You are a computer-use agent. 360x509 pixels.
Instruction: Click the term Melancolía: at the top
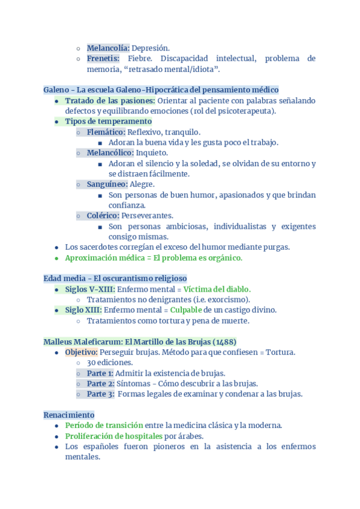[x=108, y=48]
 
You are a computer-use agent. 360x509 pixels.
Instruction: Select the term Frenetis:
[x=103, y=59]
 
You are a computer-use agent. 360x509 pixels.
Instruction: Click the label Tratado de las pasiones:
[x=110, y=101]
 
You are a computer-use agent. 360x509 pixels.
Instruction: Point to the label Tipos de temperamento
[x=108, y=121]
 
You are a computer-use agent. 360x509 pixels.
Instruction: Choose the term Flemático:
[x=106, y=132]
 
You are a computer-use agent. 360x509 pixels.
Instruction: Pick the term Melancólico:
[x=110, y=153]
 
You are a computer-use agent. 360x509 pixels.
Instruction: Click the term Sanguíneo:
[x=107, y=184]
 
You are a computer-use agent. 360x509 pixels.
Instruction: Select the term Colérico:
[x=103, y=215]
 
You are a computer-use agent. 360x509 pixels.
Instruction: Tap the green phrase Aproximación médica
[x=105, y=258]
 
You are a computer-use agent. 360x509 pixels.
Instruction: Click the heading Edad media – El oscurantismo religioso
[x=115, y=279]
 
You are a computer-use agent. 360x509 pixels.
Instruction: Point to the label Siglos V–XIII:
[x=90, y=289]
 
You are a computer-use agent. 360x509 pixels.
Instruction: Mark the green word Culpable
[x=185, y=310]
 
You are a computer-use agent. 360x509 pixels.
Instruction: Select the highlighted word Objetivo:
[x=81, y=352]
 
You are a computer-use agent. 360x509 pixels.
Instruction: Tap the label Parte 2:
[x=100, y=384]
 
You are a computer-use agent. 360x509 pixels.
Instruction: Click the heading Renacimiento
[x=69, y=415]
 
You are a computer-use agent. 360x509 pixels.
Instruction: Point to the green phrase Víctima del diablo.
[x=217, y=289]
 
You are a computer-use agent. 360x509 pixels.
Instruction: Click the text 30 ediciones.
[x=110, y=363]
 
